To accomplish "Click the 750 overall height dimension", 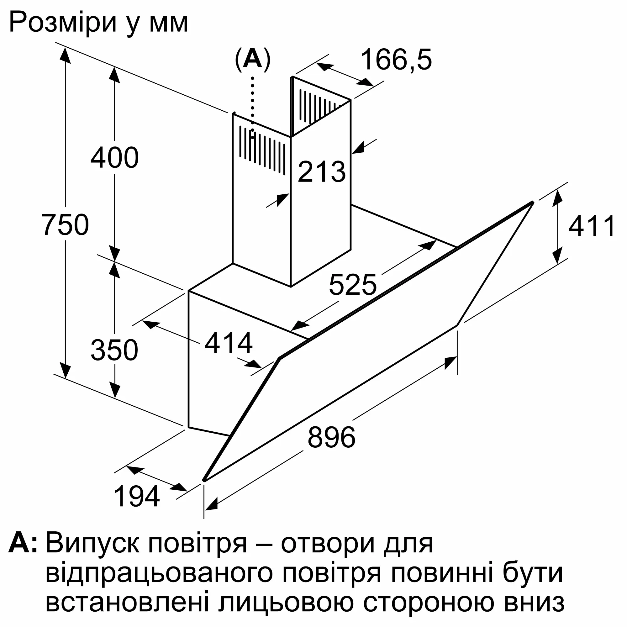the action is [x=65, y=224].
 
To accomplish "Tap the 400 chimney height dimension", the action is [x=114, y=158].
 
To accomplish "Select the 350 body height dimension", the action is [x=114, y=350].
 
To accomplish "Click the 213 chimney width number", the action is [x=322, y=172].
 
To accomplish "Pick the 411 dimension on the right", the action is [x=591, y=225].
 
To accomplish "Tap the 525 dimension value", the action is [x=353, y=285].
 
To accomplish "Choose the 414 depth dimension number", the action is [x=229, y=343].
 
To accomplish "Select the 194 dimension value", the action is [x=137, y=496].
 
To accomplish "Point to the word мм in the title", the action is [x=169, y=25].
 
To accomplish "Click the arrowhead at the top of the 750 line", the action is [x=65, y=55].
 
